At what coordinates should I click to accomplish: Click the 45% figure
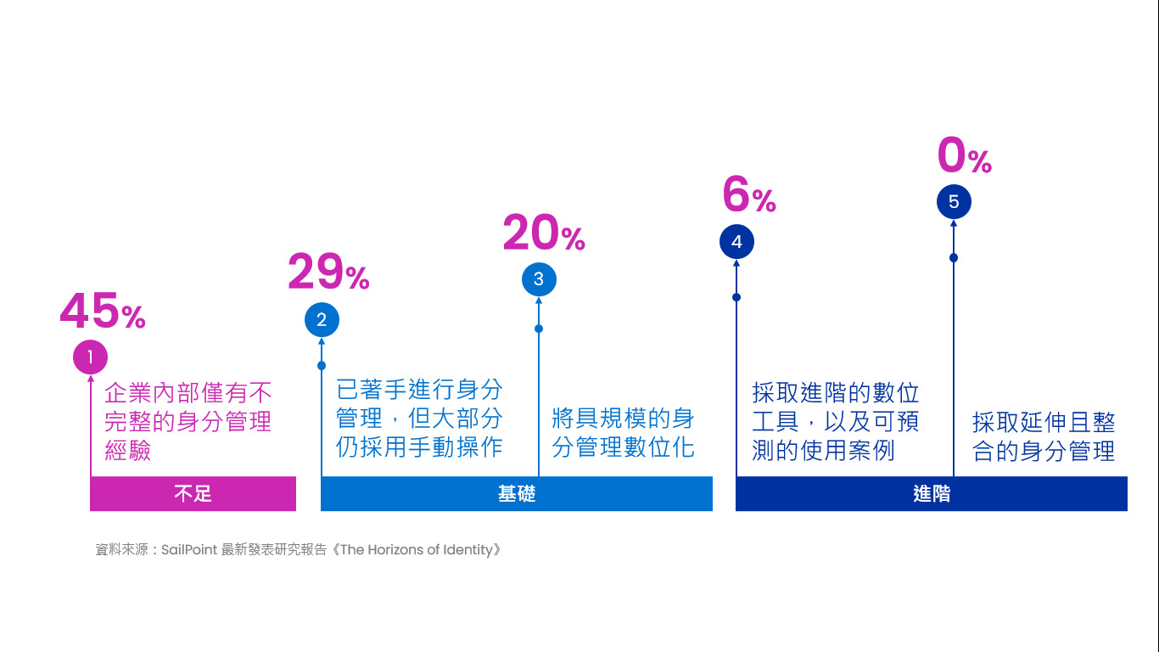[103, 311]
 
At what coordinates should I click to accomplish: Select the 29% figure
[328, 272]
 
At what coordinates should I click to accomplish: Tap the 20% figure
[544, 233]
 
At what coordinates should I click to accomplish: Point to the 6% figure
[749, 194]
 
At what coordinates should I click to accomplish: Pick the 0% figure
[965, 155]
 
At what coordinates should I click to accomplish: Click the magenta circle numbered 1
[91, 357]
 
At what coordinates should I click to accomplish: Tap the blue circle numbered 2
[322, 319]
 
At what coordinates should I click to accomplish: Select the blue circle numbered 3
[539, 279]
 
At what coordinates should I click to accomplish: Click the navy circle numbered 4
[736, 241]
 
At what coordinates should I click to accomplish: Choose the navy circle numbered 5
[954, 201]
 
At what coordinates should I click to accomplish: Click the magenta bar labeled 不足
[193, 493]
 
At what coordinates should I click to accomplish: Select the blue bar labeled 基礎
[517, 493]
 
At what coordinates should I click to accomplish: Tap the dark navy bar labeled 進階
[932, 493]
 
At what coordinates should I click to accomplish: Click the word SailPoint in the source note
[189, 549]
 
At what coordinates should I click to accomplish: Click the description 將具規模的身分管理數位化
[623, 432]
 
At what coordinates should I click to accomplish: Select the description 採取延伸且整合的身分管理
[1044, 436]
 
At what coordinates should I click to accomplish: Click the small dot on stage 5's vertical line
[954, 258]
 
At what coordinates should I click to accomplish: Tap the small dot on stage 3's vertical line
[539, 329]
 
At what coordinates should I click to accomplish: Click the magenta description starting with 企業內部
[188, 422]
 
